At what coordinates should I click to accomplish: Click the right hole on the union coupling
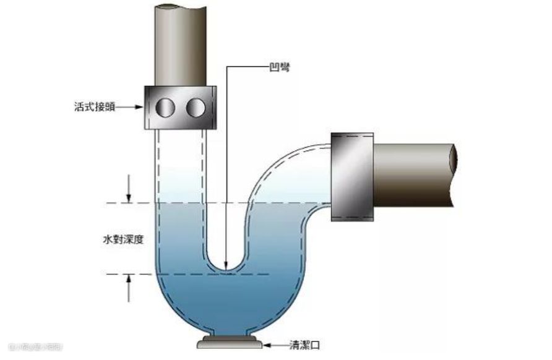click(x=196, y=108)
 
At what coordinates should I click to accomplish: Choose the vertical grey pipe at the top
click(x=179, y=43)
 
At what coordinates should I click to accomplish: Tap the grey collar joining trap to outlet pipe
click(x=352, y=176)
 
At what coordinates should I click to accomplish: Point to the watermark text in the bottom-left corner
click(x=31, y=347)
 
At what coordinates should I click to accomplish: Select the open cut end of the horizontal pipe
click(x=454, y=176)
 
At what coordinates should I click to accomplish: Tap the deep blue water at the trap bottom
click(x=229, y=303)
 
